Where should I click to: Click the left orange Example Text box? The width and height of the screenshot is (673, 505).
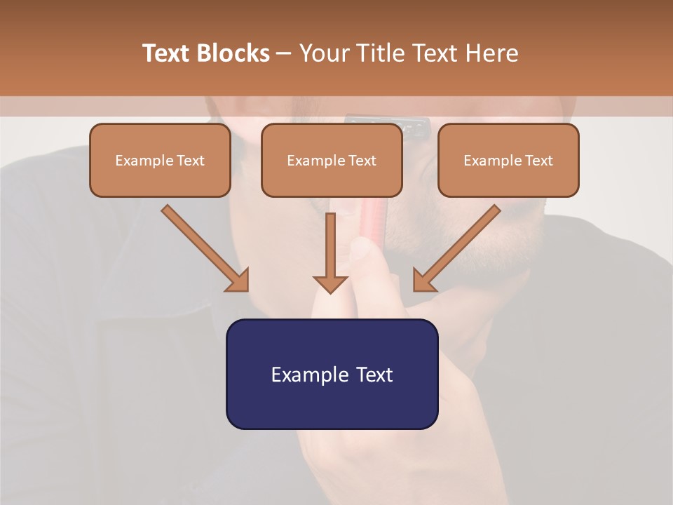pos(160,160)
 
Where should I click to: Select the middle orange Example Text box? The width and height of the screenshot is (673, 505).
pos(332,160)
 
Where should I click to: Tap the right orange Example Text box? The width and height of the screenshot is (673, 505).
pos(508,160)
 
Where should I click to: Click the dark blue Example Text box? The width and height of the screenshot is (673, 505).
pos(332,374)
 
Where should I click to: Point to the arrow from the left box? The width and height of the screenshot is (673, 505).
pos(203,247)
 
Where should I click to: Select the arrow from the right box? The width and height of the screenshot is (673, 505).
pos(458,247)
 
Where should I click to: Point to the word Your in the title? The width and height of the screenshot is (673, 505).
pos(323,53)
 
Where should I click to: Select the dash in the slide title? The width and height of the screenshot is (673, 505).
pos(285,53)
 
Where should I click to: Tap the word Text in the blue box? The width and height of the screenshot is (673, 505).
pos(374,375)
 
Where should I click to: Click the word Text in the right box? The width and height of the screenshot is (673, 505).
pos(538,161)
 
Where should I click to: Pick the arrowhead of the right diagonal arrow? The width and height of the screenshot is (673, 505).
pos(424,280)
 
